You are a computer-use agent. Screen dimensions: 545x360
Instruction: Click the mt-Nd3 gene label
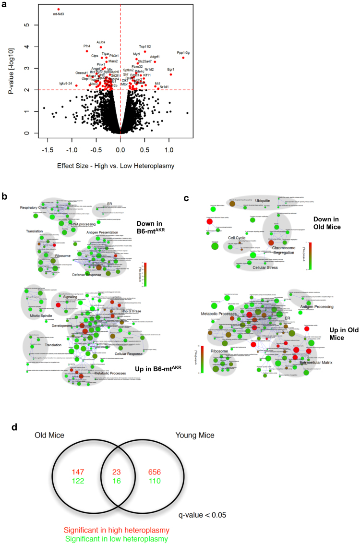(x=59, y=14)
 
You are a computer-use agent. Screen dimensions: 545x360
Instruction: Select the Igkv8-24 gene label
(x=65, y=83)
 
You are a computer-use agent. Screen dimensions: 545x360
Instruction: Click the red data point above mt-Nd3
(x=59, y=9)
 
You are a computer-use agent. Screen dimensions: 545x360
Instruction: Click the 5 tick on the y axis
(x=28, y=25)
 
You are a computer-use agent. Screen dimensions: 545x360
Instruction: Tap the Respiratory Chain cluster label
(x=35, y=207)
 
